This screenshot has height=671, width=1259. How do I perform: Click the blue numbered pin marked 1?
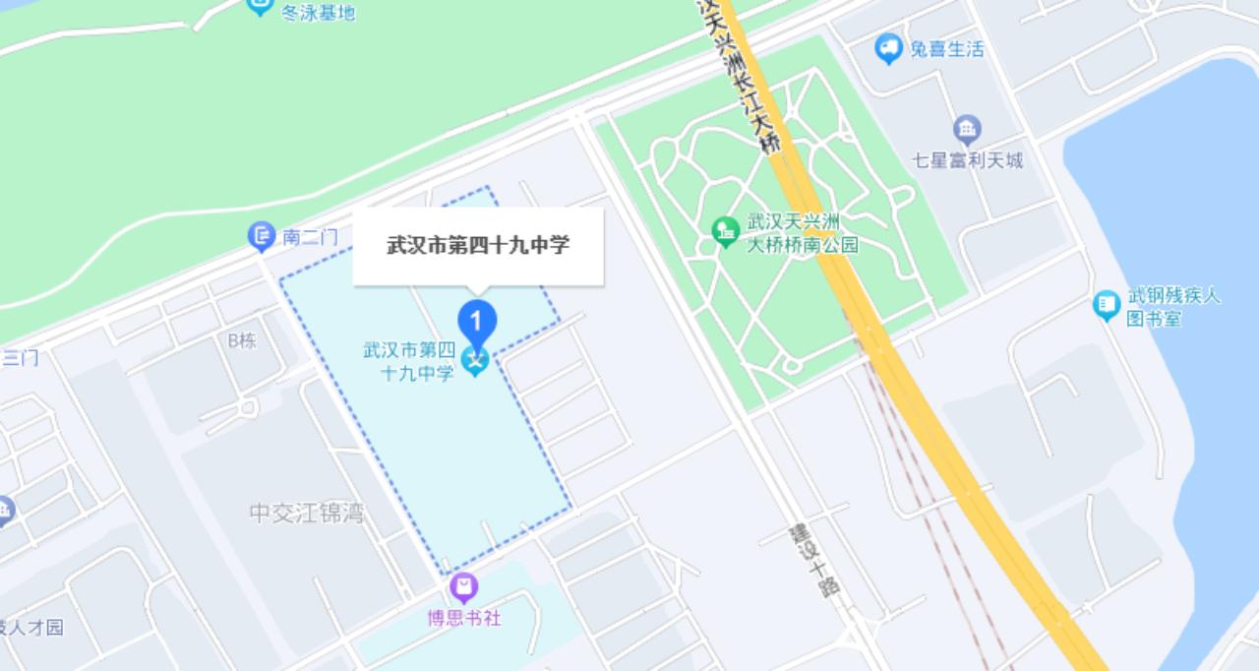pos(477,322)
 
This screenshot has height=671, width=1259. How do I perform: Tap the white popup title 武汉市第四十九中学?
pos(478,245)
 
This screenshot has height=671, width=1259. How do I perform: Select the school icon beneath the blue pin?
pos(476,361)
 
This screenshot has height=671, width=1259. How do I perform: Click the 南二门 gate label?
pos(310,237)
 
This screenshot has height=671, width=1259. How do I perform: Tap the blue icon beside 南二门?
pos(261,236)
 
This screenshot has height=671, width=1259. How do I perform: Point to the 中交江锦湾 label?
pos(307,513)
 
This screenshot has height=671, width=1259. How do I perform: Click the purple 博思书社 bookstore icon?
pos(464,588)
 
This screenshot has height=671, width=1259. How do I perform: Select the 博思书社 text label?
pos(464,618)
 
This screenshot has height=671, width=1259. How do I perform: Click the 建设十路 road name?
pos(814,560)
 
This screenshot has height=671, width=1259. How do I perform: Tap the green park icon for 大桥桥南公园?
pos(726,232)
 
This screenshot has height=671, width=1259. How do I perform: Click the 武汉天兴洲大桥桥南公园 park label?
pos(803,233)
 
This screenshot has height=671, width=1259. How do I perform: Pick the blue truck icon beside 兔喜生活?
pos(889,47)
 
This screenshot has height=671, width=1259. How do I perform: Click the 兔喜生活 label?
pos(946,48)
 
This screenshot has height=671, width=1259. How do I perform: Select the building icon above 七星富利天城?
pos(968,129)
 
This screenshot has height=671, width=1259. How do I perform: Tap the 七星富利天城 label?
pos(969,159)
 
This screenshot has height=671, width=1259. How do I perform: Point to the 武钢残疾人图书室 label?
pos(1174,306)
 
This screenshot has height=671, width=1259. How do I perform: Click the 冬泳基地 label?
pos(318,12)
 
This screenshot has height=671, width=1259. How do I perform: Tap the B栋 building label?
pos(242,340)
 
